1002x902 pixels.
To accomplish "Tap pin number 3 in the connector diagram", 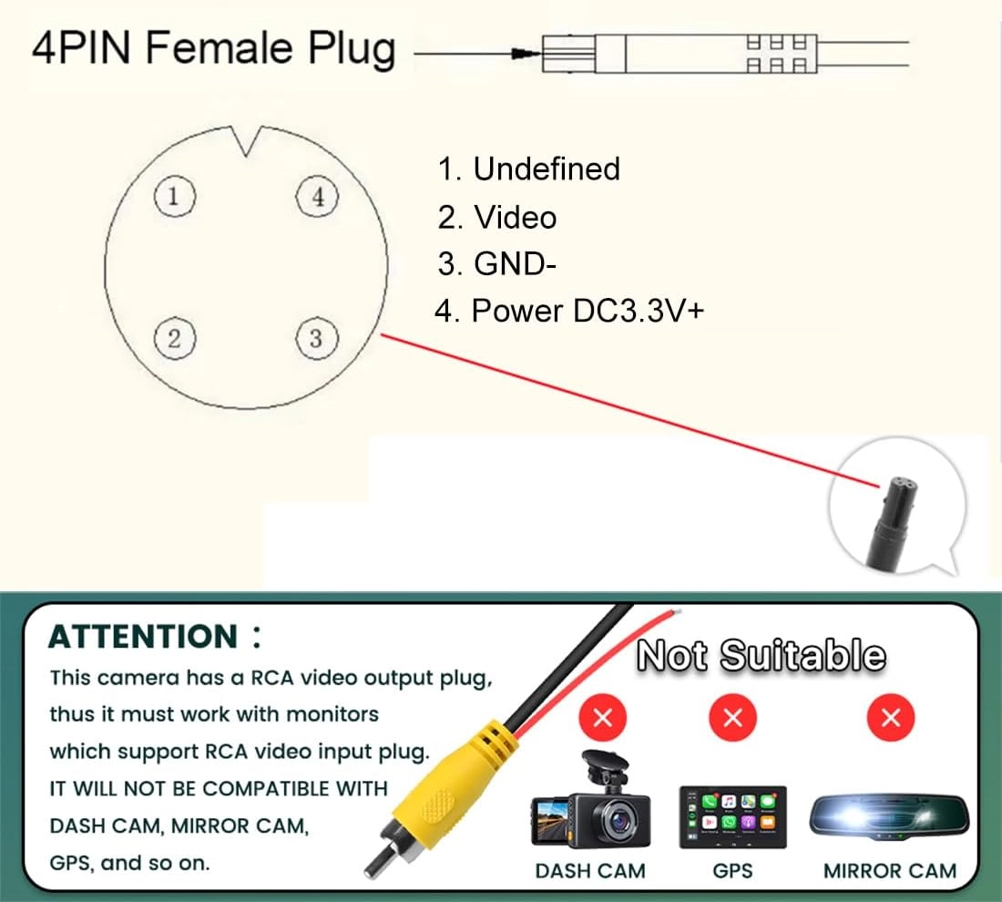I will pyautogui.click(x=316, y=338).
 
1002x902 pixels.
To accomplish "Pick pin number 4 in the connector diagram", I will pyautogui.click(x=318, y=196).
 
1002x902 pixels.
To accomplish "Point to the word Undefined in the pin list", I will pyautogui.click(x=547, y=169).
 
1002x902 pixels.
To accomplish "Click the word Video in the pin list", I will pyautogui.click(x=515, y=217).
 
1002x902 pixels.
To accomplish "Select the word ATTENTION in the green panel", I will pyautogui.click(x=142, y=636).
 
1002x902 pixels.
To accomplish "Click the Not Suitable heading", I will pyautogui.click(x=761, y=655).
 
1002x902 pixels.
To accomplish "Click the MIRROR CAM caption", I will pyautogui.click(x=890, y=871).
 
